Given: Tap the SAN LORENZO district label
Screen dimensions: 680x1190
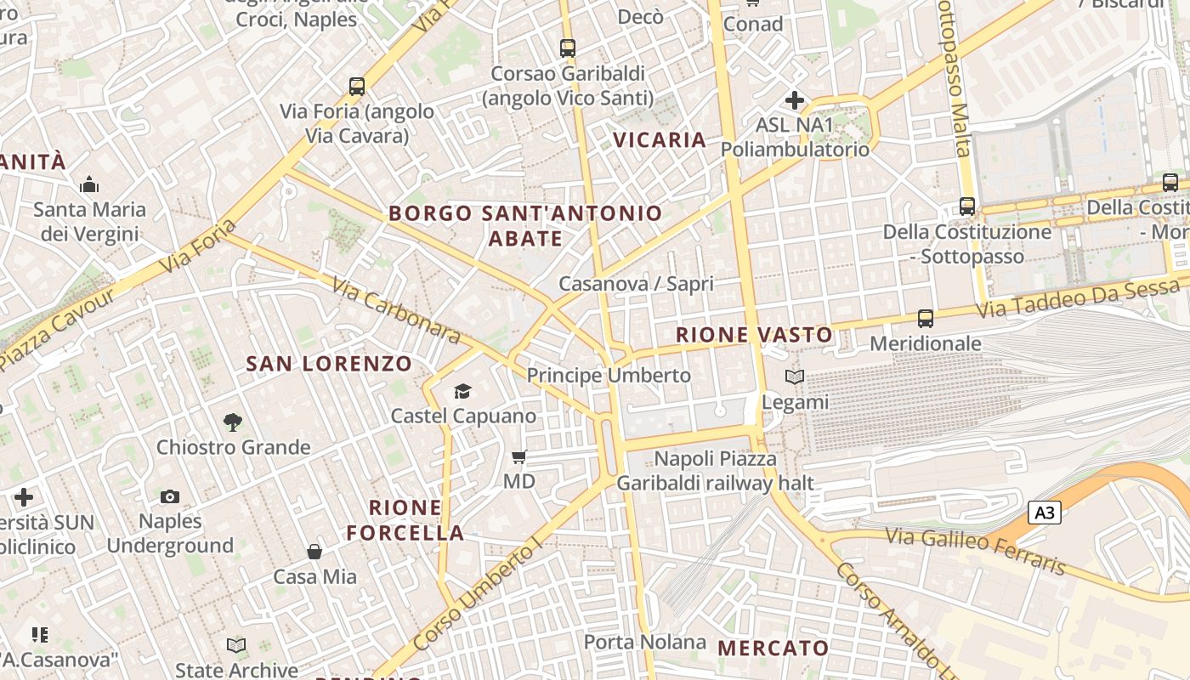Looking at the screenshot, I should pos(329,364).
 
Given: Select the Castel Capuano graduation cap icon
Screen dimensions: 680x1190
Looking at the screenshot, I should pos(462,391).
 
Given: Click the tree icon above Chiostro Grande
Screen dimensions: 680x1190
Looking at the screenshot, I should pos(232,422).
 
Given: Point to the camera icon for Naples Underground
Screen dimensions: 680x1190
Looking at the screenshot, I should pos(170,496).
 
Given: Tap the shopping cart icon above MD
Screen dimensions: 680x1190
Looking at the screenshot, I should pos(519,457).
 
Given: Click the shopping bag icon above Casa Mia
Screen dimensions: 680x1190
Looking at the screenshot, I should pos(314,552).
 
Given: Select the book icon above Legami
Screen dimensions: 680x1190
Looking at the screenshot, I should pos(794,377).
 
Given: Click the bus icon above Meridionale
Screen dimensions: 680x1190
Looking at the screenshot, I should pos(926,319).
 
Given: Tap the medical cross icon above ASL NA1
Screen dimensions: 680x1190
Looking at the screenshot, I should pos(795,101).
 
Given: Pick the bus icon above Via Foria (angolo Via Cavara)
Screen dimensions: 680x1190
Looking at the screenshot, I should pos(357,86).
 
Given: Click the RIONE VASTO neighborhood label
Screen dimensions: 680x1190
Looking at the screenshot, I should pos(754,335).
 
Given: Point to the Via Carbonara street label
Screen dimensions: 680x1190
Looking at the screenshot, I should pos(396,310).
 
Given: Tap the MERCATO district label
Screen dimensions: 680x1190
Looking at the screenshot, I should pos(773,648).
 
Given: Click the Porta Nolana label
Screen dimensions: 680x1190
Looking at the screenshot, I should pos(644,642).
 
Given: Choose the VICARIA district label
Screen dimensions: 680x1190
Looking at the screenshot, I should pos(660,140).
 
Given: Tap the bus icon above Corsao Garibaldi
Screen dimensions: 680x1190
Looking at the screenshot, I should pos(568,48).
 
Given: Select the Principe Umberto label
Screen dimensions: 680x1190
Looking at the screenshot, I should pos(609,375).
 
